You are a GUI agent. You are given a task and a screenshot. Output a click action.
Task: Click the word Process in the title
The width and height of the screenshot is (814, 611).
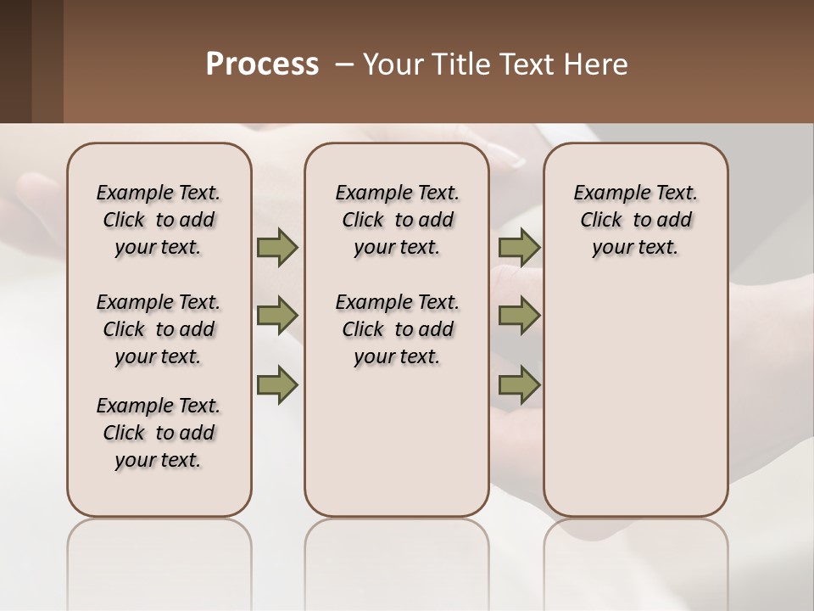(x=262, y=64)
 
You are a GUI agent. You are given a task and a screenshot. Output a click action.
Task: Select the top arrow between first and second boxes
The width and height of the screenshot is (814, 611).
(x=277, y=248)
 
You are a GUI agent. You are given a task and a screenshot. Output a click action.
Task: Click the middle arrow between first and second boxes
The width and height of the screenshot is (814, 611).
(x=277, y=316)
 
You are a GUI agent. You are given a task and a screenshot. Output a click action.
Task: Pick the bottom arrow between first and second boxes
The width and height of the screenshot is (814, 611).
(x=277, y=384)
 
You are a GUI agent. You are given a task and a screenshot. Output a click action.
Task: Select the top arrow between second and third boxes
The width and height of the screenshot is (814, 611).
(x=519, y=248)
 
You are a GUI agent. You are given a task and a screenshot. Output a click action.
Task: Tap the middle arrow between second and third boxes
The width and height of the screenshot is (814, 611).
(x=519, y=316)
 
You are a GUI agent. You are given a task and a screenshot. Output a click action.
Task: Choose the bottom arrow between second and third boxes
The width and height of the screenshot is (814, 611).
(x=519, y=384)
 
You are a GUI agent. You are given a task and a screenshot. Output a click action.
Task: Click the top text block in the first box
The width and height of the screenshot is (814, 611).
(x=159, y=220)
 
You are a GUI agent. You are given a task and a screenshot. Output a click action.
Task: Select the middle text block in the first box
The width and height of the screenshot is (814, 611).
(x=159, y=329)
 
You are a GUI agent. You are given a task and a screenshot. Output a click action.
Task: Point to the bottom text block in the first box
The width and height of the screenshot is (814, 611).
(x=159, y=433)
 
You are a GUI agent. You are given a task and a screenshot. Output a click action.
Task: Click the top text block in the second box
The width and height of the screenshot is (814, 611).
(x=397, y=220)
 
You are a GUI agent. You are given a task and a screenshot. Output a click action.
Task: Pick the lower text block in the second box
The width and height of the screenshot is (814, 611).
(x=397, y=329)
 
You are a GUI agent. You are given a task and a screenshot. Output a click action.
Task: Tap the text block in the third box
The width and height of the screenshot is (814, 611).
(x=636, y=220)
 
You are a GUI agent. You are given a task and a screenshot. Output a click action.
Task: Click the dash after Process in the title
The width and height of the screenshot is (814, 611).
(x=344, y=64)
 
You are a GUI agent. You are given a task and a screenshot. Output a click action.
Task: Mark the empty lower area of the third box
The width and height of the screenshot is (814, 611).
(x=636, y=390)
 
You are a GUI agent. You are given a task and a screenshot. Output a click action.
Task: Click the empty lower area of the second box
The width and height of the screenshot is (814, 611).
(x=397, y=441)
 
